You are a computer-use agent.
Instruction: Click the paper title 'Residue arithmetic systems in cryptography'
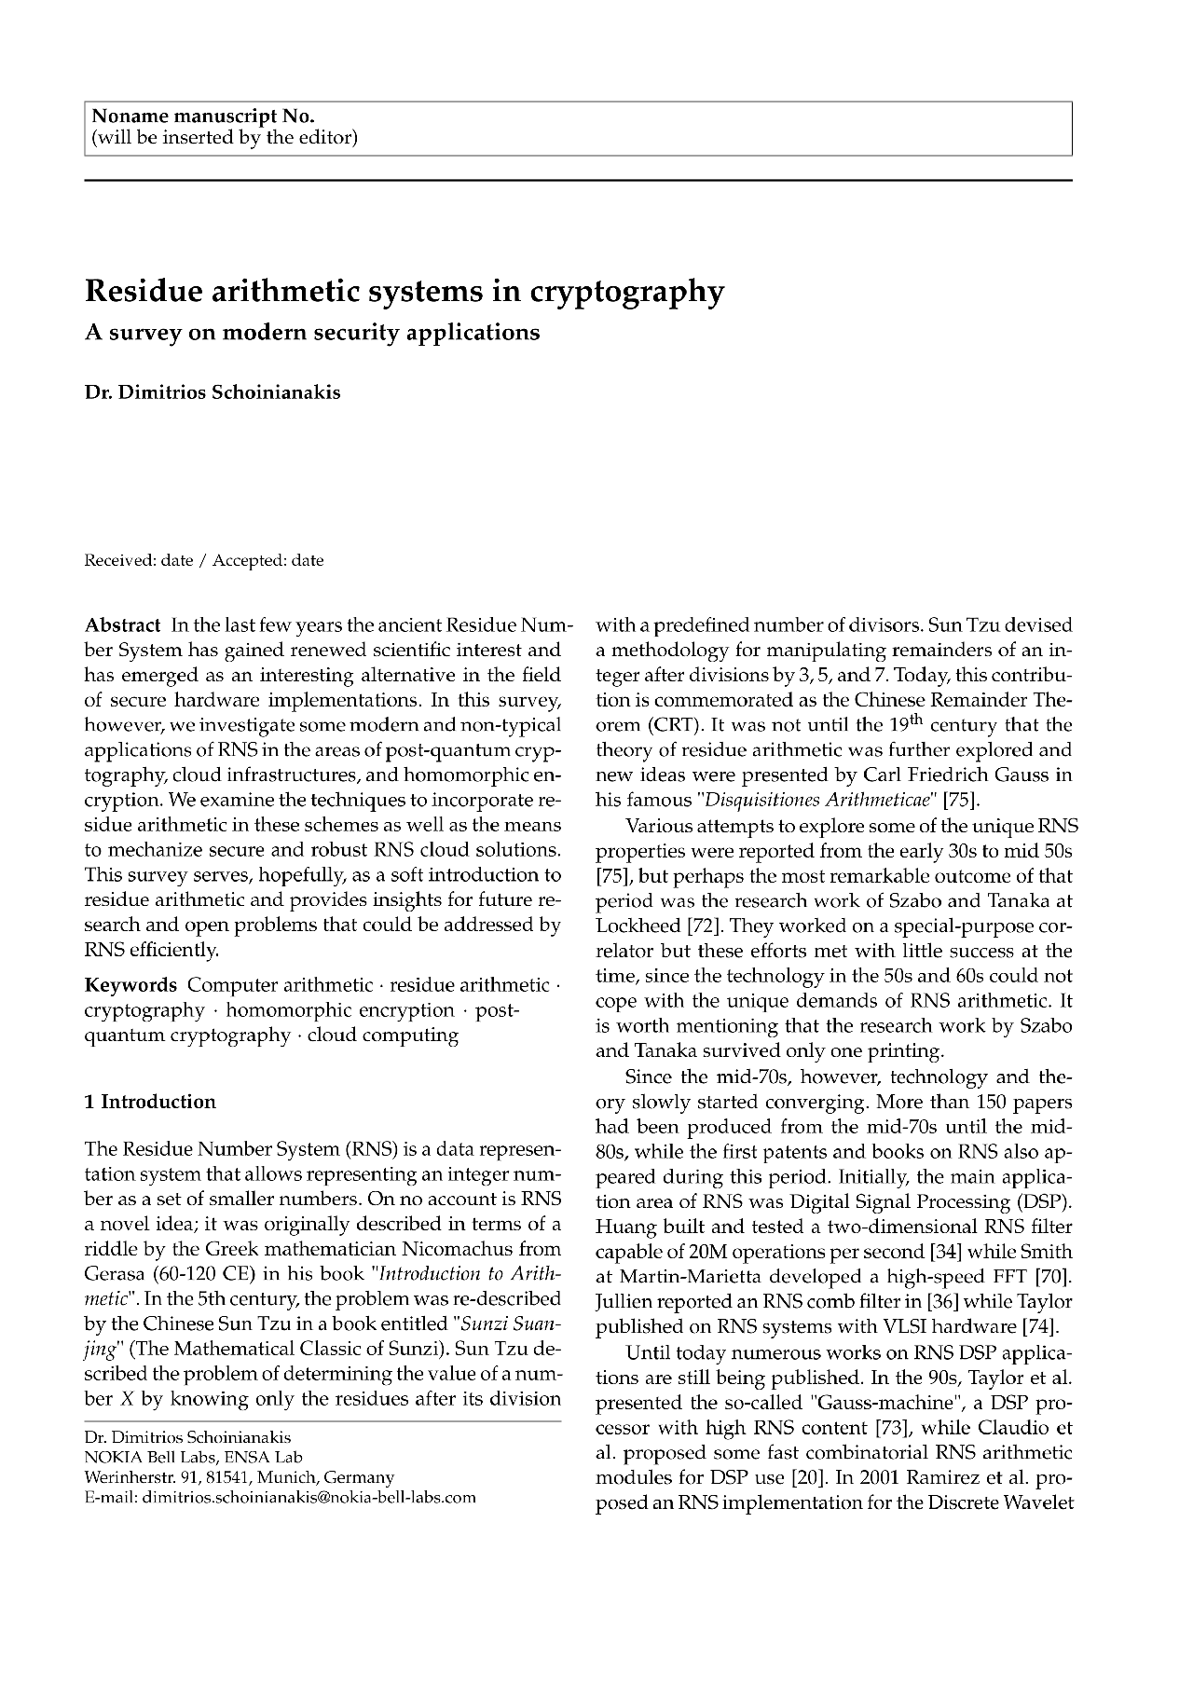tap(404, 292)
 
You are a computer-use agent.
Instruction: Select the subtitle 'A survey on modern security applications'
tap(312, 333)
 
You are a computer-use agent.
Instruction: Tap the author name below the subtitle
tap(213, 392)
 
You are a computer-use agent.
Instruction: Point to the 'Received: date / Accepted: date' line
tap(204, 560)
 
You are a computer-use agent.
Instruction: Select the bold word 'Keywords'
tap(130, 985)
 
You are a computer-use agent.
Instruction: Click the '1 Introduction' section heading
tap(150, 1102)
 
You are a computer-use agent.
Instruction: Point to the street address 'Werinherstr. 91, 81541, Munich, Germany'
tap(240, 1477)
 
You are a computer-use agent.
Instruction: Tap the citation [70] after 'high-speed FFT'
tap(1053, 1277)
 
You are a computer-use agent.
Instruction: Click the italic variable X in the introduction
tap(124, 1400)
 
